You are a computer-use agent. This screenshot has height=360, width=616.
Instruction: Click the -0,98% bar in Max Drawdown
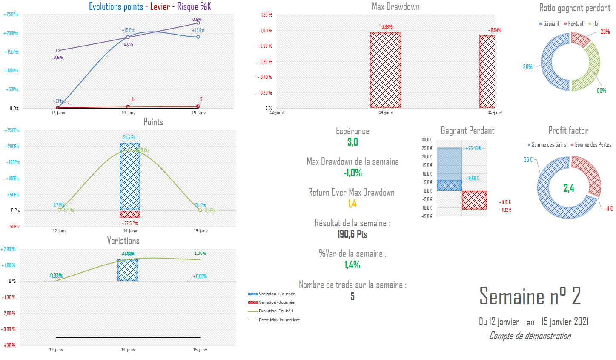(385, 70)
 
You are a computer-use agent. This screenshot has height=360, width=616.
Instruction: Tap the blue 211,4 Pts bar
(130, 176)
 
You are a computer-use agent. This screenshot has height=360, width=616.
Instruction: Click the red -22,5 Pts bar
(130, 214)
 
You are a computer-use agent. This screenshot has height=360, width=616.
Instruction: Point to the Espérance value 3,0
(352, 142)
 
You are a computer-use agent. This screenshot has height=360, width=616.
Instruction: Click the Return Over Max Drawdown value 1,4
(352, 204)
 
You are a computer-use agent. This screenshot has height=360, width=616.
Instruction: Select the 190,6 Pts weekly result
(352, 234)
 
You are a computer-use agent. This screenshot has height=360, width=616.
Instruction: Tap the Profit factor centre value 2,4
(569, 188)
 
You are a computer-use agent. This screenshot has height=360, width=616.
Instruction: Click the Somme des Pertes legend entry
(593, 145)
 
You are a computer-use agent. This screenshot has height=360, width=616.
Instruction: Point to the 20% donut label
(605, 32)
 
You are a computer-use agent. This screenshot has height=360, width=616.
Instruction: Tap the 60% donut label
(601, 91)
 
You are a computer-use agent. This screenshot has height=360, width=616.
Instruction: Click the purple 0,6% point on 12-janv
(58, 51)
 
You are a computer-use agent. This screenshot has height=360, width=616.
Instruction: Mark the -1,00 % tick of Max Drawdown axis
(265, 31)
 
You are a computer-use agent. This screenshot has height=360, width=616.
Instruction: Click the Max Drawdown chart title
(395, 6)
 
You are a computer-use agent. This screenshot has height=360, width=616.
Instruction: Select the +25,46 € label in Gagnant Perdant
(473, 148)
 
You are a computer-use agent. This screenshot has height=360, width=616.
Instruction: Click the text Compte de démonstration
(530, 336)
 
